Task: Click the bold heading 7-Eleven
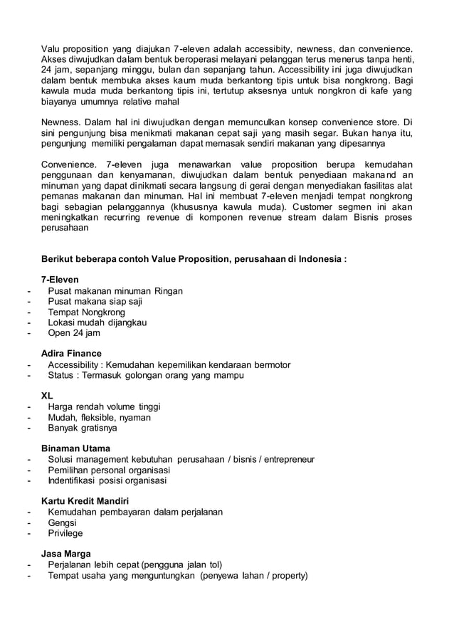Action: (x=60, y=280)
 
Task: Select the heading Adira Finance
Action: (x=71, y=354)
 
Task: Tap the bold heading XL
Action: (x=47, y=395)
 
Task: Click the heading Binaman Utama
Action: (x=71, y=448)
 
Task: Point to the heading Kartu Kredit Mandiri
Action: (x=85, y=501)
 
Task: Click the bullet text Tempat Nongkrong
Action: (x=86, y=312)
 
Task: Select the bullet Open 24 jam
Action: (x=74, y=332)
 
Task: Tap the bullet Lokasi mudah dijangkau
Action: (x=97, y=322)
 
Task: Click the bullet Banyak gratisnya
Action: (x=83, y=428)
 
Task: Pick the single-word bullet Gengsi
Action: (x=62, y=522)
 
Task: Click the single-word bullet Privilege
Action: (x=65, y=533)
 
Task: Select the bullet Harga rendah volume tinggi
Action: (x=104, y=406)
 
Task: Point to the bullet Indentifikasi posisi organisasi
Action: (x=107, y=480)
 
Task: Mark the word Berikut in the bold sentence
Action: (x=58, y=259)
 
